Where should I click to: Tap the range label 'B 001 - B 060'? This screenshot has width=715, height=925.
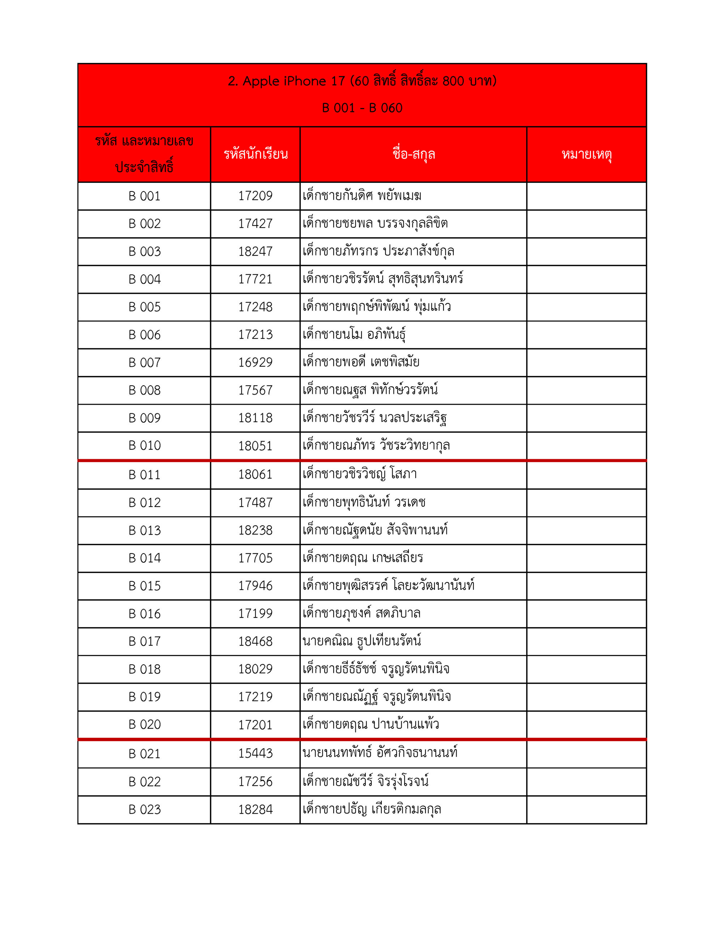[362, 108]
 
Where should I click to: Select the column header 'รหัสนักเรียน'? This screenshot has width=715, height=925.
[256, 154]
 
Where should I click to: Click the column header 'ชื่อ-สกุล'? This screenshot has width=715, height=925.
[413, 154]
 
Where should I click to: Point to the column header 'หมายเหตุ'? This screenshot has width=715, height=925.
[586, 154]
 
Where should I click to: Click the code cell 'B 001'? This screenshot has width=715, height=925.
[145, 196]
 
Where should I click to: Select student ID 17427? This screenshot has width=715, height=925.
[255, 224]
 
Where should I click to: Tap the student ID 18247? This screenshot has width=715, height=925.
[255, 251]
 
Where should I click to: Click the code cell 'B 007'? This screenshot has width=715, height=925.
[145, 362]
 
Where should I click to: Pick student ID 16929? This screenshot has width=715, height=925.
[255, 362]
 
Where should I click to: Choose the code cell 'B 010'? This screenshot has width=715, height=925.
[145, 446]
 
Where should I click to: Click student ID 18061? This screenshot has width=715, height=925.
[255, 474]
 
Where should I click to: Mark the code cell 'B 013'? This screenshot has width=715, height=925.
[145, 530]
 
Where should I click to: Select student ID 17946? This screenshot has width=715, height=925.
[255, 586]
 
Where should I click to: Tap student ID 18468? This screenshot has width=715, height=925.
[255, 641]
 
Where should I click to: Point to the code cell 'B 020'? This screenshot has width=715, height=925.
[145, 725]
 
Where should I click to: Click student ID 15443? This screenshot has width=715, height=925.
[255, 753]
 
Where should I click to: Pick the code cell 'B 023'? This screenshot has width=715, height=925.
[145, 810]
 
